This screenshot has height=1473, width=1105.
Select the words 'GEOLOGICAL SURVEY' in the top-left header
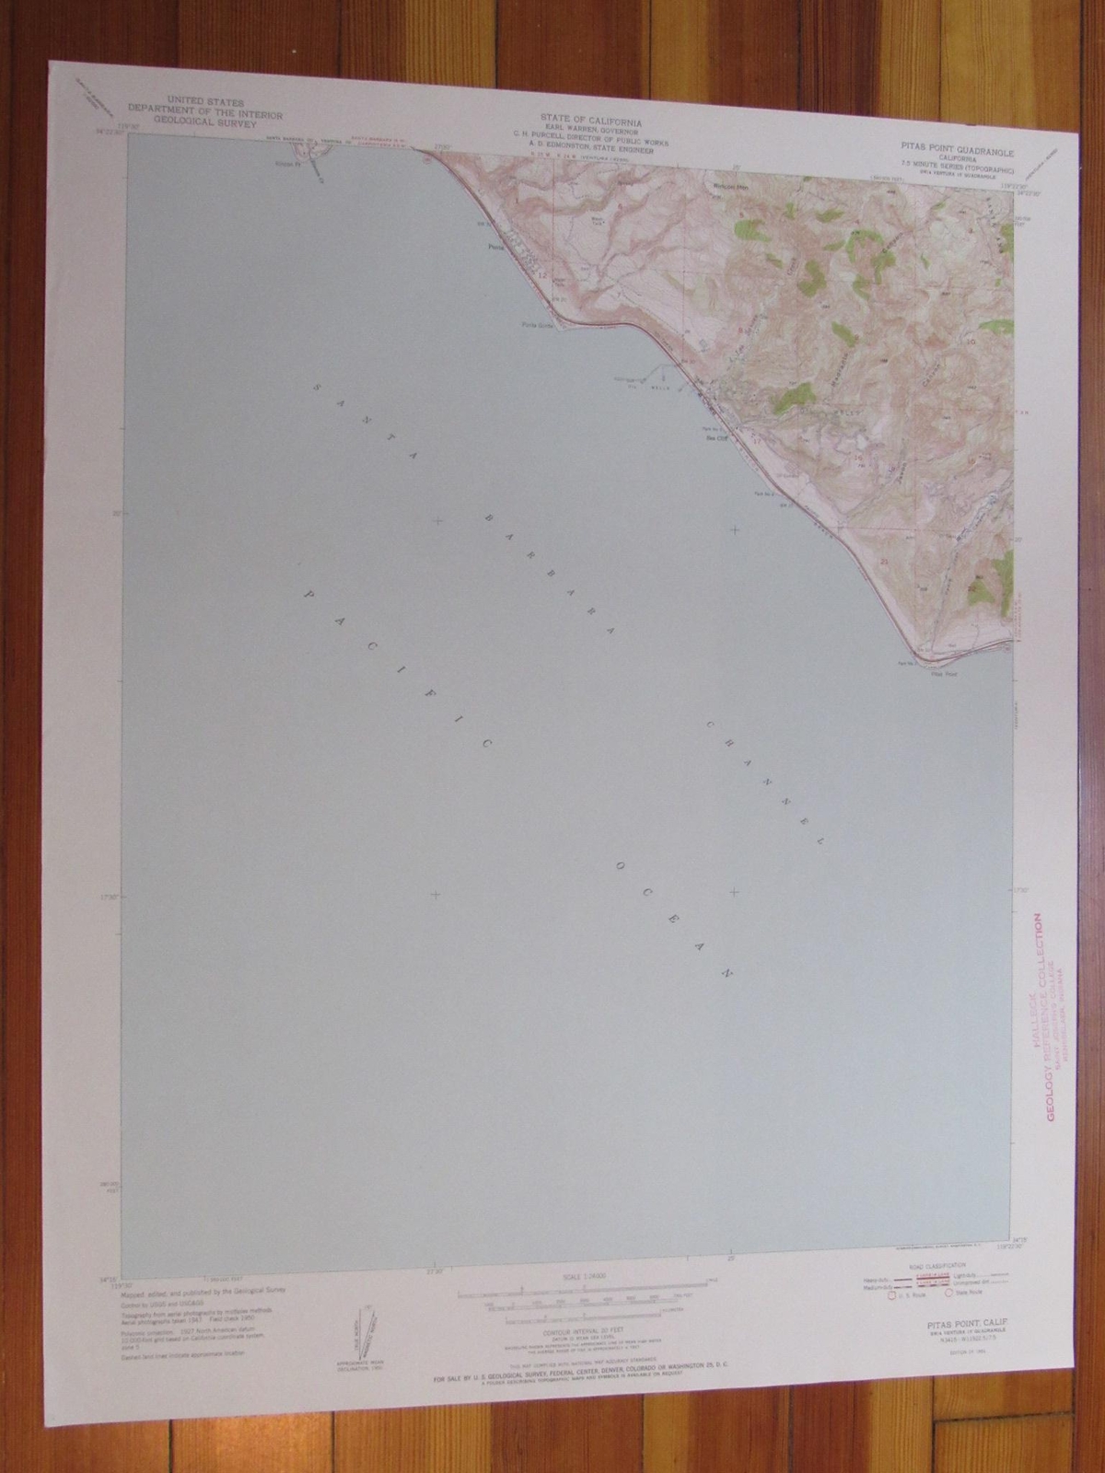click(218, 122)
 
